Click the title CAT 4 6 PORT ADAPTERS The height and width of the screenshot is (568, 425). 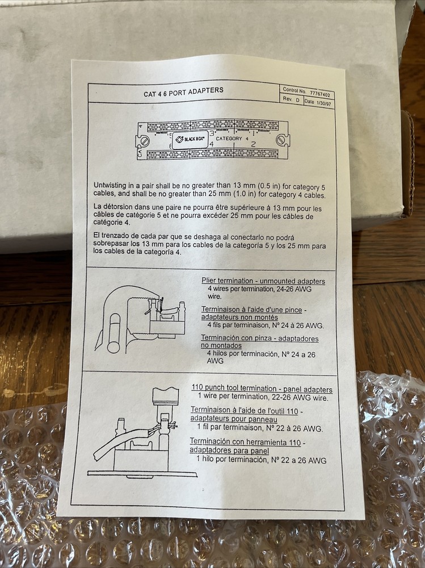[183, 92]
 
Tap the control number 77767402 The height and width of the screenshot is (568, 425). [319, 94]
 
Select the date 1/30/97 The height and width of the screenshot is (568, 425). [323, 103]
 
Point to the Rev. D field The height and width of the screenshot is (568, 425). [291, 99]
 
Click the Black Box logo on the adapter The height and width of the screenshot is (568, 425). [190, 139]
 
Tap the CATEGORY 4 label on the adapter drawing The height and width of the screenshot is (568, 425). [232, 139]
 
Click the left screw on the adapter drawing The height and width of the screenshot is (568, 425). [145, 140]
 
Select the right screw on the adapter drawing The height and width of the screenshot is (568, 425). [281, 140]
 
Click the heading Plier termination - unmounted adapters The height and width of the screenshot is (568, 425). [263, 281]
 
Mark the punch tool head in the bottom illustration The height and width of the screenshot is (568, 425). [166, 396]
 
